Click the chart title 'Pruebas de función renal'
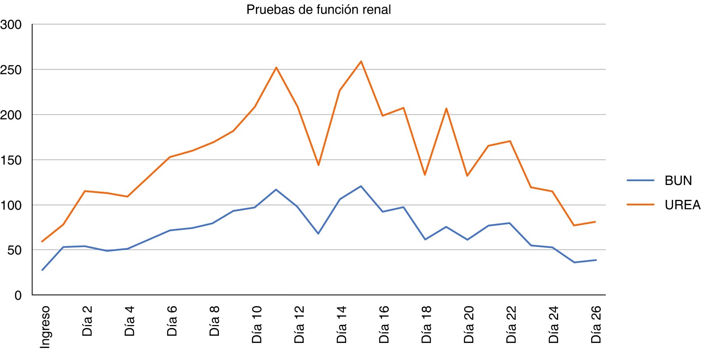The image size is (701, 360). (319, 10)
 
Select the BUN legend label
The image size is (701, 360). (678, 181)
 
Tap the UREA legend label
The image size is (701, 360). (682, 205)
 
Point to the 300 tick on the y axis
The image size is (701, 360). (11, 25)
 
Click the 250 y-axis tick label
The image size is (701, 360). (11, 70)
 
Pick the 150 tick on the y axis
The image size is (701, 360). (11, 160)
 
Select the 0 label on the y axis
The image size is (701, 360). (18, 295)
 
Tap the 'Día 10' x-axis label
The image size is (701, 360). (257, 325)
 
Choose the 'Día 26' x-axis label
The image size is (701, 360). (596, 325)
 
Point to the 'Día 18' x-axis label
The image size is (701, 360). (427, 325)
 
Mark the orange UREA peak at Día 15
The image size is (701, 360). (361, 61)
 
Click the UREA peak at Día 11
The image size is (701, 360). (276, 67)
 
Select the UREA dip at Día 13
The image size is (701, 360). (319, 165)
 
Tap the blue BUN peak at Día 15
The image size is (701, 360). (361, 186)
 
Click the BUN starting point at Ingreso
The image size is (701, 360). (42, 270)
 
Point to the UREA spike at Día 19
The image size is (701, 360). (446, 108)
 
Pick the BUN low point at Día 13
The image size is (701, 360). (319, 234)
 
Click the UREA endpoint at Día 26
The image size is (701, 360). (596, 222)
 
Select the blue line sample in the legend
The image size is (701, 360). (640, 180)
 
